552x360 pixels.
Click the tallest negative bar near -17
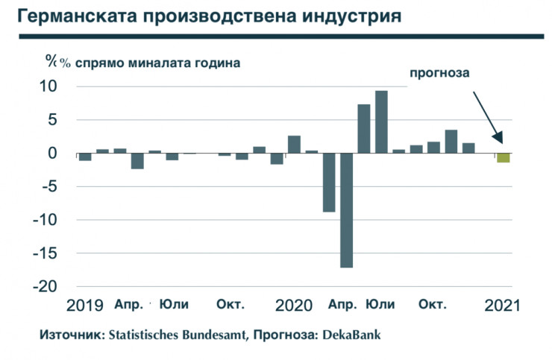coord(346,210)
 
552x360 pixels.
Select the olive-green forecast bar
coord(504,158)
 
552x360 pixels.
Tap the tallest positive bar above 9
coord(381,121)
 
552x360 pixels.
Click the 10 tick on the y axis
coord(48,86)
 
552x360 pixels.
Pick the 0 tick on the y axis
coord(53,154)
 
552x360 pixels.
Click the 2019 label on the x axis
coord(84,306)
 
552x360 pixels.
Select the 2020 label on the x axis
coord(293,306)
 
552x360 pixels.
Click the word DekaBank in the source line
coord(351,335)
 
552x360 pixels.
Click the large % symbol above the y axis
coord(51,62)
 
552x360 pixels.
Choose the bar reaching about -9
coord(329,183)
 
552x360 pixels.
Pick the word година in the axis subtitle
coord(217,63)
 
